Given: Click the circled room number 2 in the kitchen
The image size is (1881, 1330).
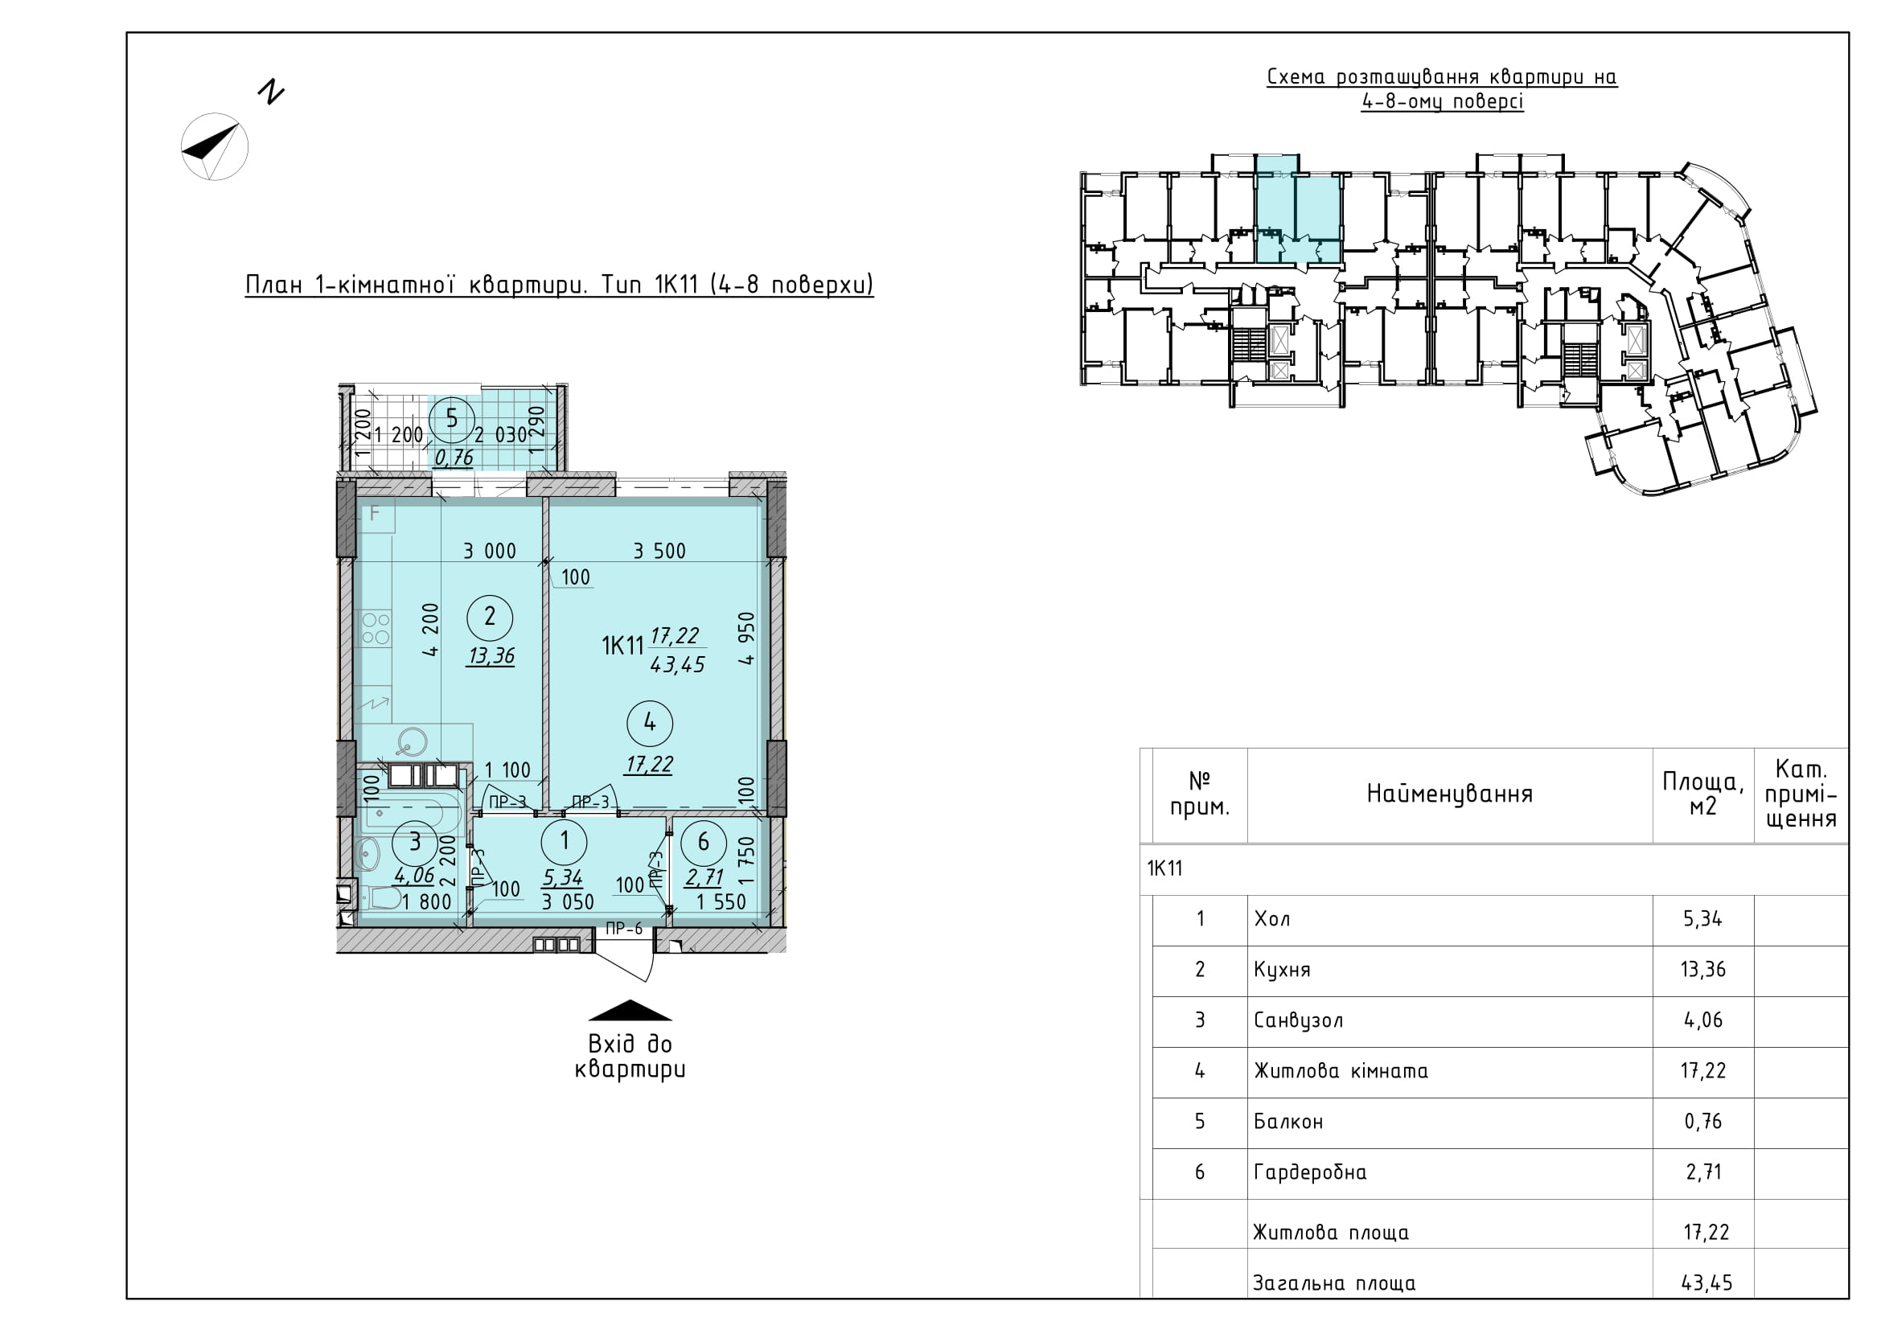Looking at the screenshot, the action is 490,618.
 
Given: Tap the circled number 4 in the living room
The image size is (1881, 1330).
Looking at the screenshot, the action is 650,723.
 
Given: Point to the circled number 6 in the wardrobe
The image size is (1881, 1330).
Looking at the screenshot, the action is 703,843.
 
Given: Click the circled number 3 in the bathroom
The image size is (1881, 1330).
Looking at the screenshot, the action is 415,843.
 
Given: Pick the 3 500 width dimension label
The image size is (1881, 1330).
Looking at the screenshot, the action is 659,551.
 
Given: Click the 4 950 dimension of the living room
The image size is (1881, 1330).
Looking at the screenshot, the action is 745,638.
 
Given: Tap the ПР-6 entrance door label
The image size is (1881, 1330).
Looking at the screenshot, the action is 624,929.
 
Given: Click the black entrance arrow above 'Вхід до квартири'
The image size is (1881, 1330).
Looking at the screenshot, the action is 630,1011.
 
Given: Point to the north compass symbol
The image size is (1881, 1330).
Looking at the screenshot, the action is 215,147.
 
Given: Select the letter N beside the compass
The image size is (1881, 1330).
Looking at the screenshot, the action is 270,92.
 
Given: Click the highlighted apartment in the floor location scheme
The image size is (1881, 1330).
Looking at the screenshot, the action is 1299,219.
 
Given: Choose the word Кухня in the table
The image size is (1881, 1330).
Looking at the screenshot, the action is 1282,971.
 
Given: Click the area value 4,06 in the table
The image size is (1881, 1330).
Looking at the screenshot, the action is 1703,1020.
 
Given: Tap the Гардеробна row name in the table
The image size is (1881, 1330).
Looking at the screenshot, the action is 1310,1172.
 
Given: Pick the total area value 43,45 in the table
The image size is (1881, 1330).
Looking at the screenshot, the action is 1706,1283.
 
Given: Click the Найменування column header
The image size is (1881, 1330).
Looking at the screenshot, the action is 1449,794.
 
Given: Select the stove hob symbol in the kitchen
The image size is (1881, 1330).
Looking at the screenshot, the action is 376,628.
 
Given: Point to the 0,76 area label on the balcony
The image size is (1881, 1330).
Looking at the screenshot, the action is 454,458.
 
